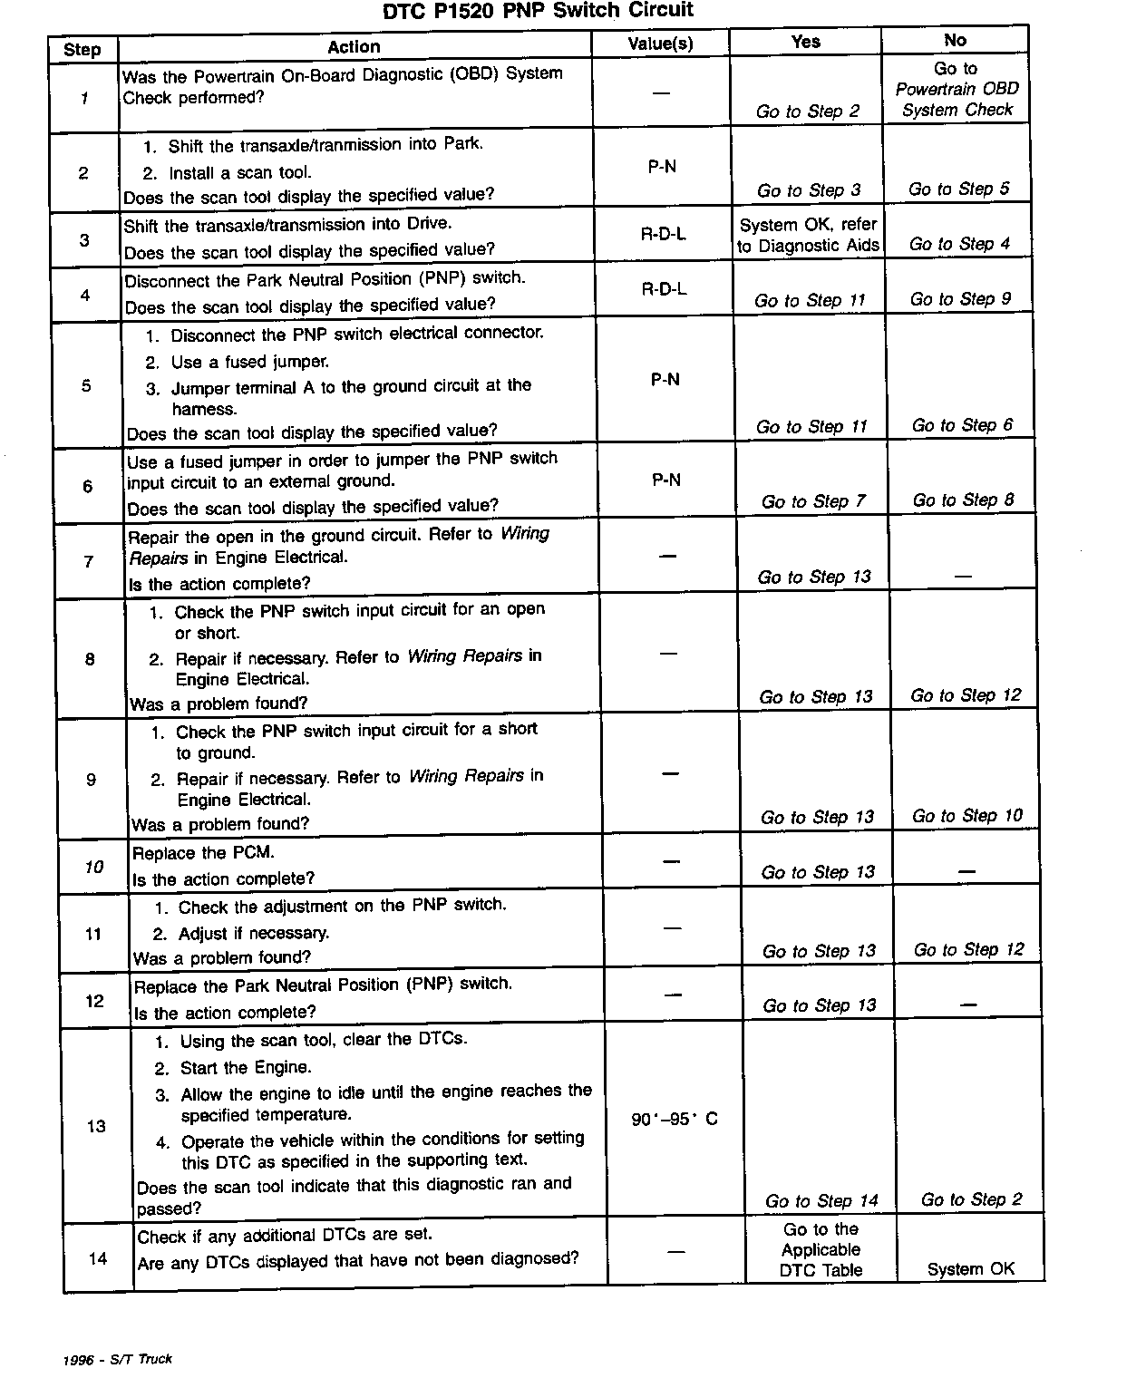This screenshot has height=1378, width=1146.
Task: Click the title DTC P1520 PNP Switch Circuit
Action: coord(538,11)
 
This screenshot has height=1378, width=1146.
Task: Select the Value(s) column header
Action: coord(660,44)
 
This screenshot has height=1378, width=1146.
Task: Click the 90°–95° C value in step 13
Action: coord(674,1120)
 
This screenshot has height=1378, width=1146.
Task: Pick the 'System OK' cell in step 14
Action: coord(970,1269)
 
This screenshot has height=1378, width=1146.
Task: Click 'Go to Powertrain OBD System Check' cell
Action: coord(957,89)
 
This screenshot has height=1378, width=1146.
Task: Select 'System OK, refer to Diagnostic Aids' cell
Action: coord(808,235)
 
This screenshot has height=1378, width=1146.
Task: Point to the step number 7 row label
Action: coord(89,561)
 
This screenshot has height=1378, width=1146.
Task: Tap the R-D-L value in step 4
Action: coord(664,289)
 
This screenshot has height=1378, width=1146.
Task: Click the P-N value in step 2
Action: coord(662,167)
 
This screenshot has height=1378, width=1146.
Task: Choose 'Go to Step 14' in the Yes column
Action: coord(821,1201)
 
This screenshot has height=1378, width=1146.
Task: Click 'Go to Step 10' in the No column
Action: coord(966,816)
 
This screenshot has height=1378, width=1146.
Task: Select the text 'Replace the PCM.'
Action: coord(203,853)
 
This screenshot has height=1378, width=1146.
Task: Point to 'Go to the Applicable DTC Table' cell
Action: coord(821,1250)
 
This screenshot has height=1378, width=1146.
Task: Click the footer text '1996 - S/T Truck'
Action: coord(118,1359)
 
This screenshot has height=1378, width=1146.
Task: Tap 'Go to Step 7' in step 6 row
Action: coord(813,501)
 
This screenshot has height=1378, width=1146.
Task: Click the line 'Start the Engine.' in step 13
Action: coord(245,1068)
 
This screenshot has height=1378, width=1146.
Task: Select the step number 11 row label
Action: coord(93,934)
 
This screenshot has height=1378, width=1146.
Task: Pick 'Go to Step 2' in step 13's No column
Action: coord(971,1199)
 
